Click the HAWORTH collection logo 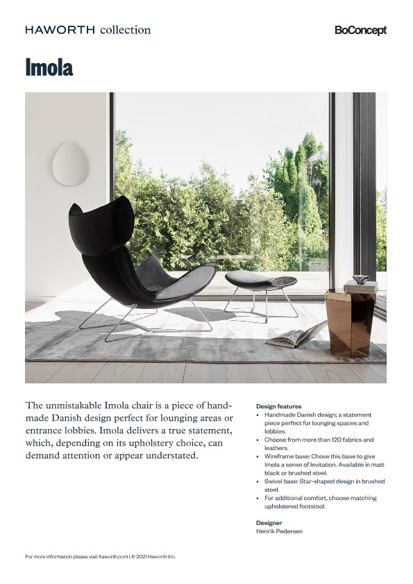(x=87, y=30)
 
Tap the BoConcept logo (x=360, y=31)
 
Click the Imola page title (x=49, y=68)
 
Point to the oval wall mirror (x=70, y=163)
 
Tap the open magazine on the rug (x=296, y=335)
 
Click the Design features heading (x=279, y=406)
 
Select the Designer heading (x=269, y=523)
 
